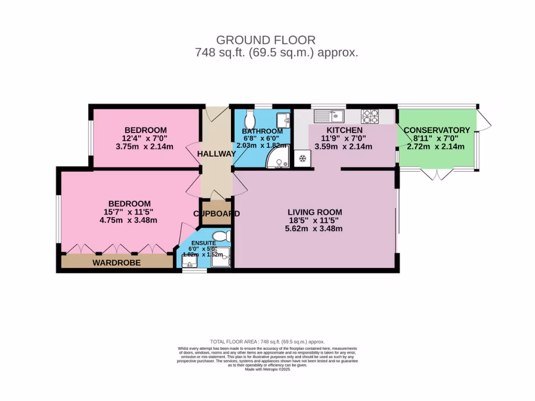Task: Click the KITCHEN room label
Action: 344,130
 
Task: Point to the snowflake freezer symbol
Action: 302,159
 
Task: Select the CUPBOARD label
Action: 216,214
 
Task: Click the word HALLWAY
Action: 216,154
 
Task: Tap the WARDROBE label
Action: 117,263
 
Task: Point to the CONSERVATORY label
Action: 437,130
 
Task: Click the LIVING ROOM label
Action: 315,212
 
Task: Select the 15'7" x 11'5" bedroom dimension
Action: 130,212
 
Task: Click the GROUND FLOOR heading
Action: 266,40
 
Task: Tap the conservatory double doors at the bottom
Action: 436,174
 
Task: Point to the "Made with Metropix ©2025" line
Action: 267,369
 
